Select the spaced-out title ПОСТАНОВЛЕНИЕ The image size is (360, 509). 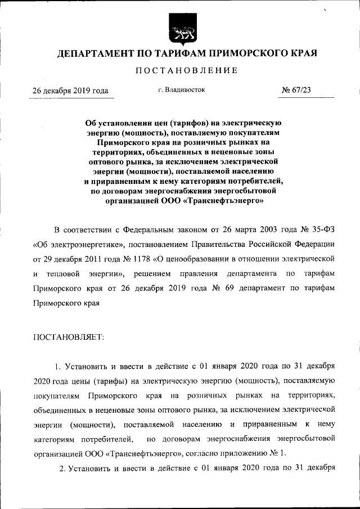point(180,71)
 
